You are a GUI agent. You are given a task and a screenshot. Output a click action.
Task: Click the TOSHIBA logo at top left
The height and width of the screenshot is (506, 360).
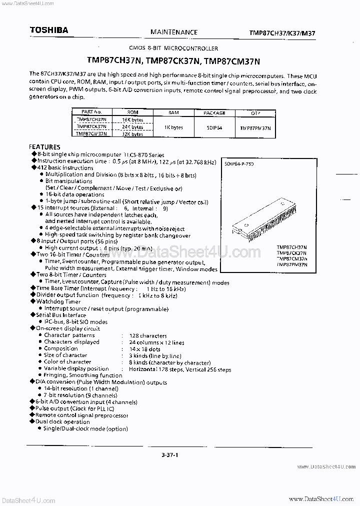48,30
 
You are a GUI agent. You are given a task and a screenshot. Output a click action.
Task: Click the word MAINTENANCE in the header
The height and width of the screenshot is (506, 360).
173,32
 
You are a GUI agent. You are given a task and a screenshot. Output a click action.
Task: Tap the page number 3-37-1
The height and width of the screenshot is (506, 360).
170,454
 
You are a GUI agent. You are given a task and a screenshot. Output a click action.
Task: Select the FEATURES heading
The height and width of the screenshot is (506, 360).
45,147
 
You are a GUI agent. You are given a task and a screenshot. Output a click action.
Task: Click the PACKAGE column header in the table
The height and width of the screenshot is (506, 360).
214,113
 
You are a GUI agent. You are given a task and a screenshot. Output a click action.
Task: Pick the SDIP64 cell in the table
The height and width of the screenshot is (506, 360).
214,127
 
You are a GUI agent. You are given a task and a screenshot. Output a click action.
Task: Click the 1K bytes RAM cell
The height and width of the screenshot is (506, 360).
173,127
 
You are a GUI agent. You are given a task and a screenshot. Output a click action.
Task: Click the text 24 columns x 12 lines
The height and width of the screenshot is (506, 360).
156,342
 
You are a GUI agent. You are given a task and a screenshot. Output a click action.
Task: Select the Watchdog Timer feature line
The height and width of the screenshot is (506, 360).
58,302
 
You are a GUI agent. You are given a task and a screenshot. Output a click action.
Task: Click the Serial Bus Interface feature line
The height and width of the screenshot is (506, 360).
61,315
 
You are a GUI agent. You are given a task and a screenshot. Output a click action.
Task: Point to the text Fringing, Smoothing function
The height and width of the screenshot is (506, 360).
83,375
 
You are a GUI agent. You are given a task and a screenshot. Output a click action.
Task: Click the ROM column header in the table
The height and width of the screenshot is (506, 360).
133,113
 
